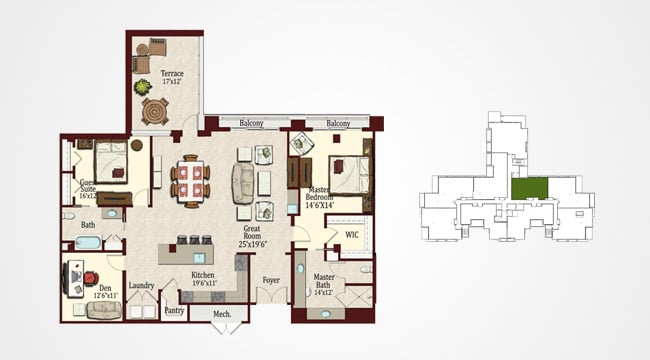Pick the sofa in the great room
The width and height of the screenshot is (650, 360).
tap(243, 182)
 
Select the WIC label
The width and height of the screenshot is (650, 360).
tap(351, 236)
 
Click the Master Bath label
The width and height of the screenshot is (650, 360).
tap(324, 282)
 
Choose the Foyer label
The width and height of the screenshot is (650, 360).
tap(270, 281)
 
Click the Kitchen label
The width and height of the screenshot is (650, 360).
tap(204, 277)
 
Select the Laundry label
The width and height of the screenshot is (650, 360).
tap(141, 286)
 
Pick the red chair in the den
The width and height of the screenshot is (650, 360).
tap(89, 275)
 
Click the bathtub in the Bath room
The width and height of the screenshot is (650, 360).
tap(87, 243)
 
